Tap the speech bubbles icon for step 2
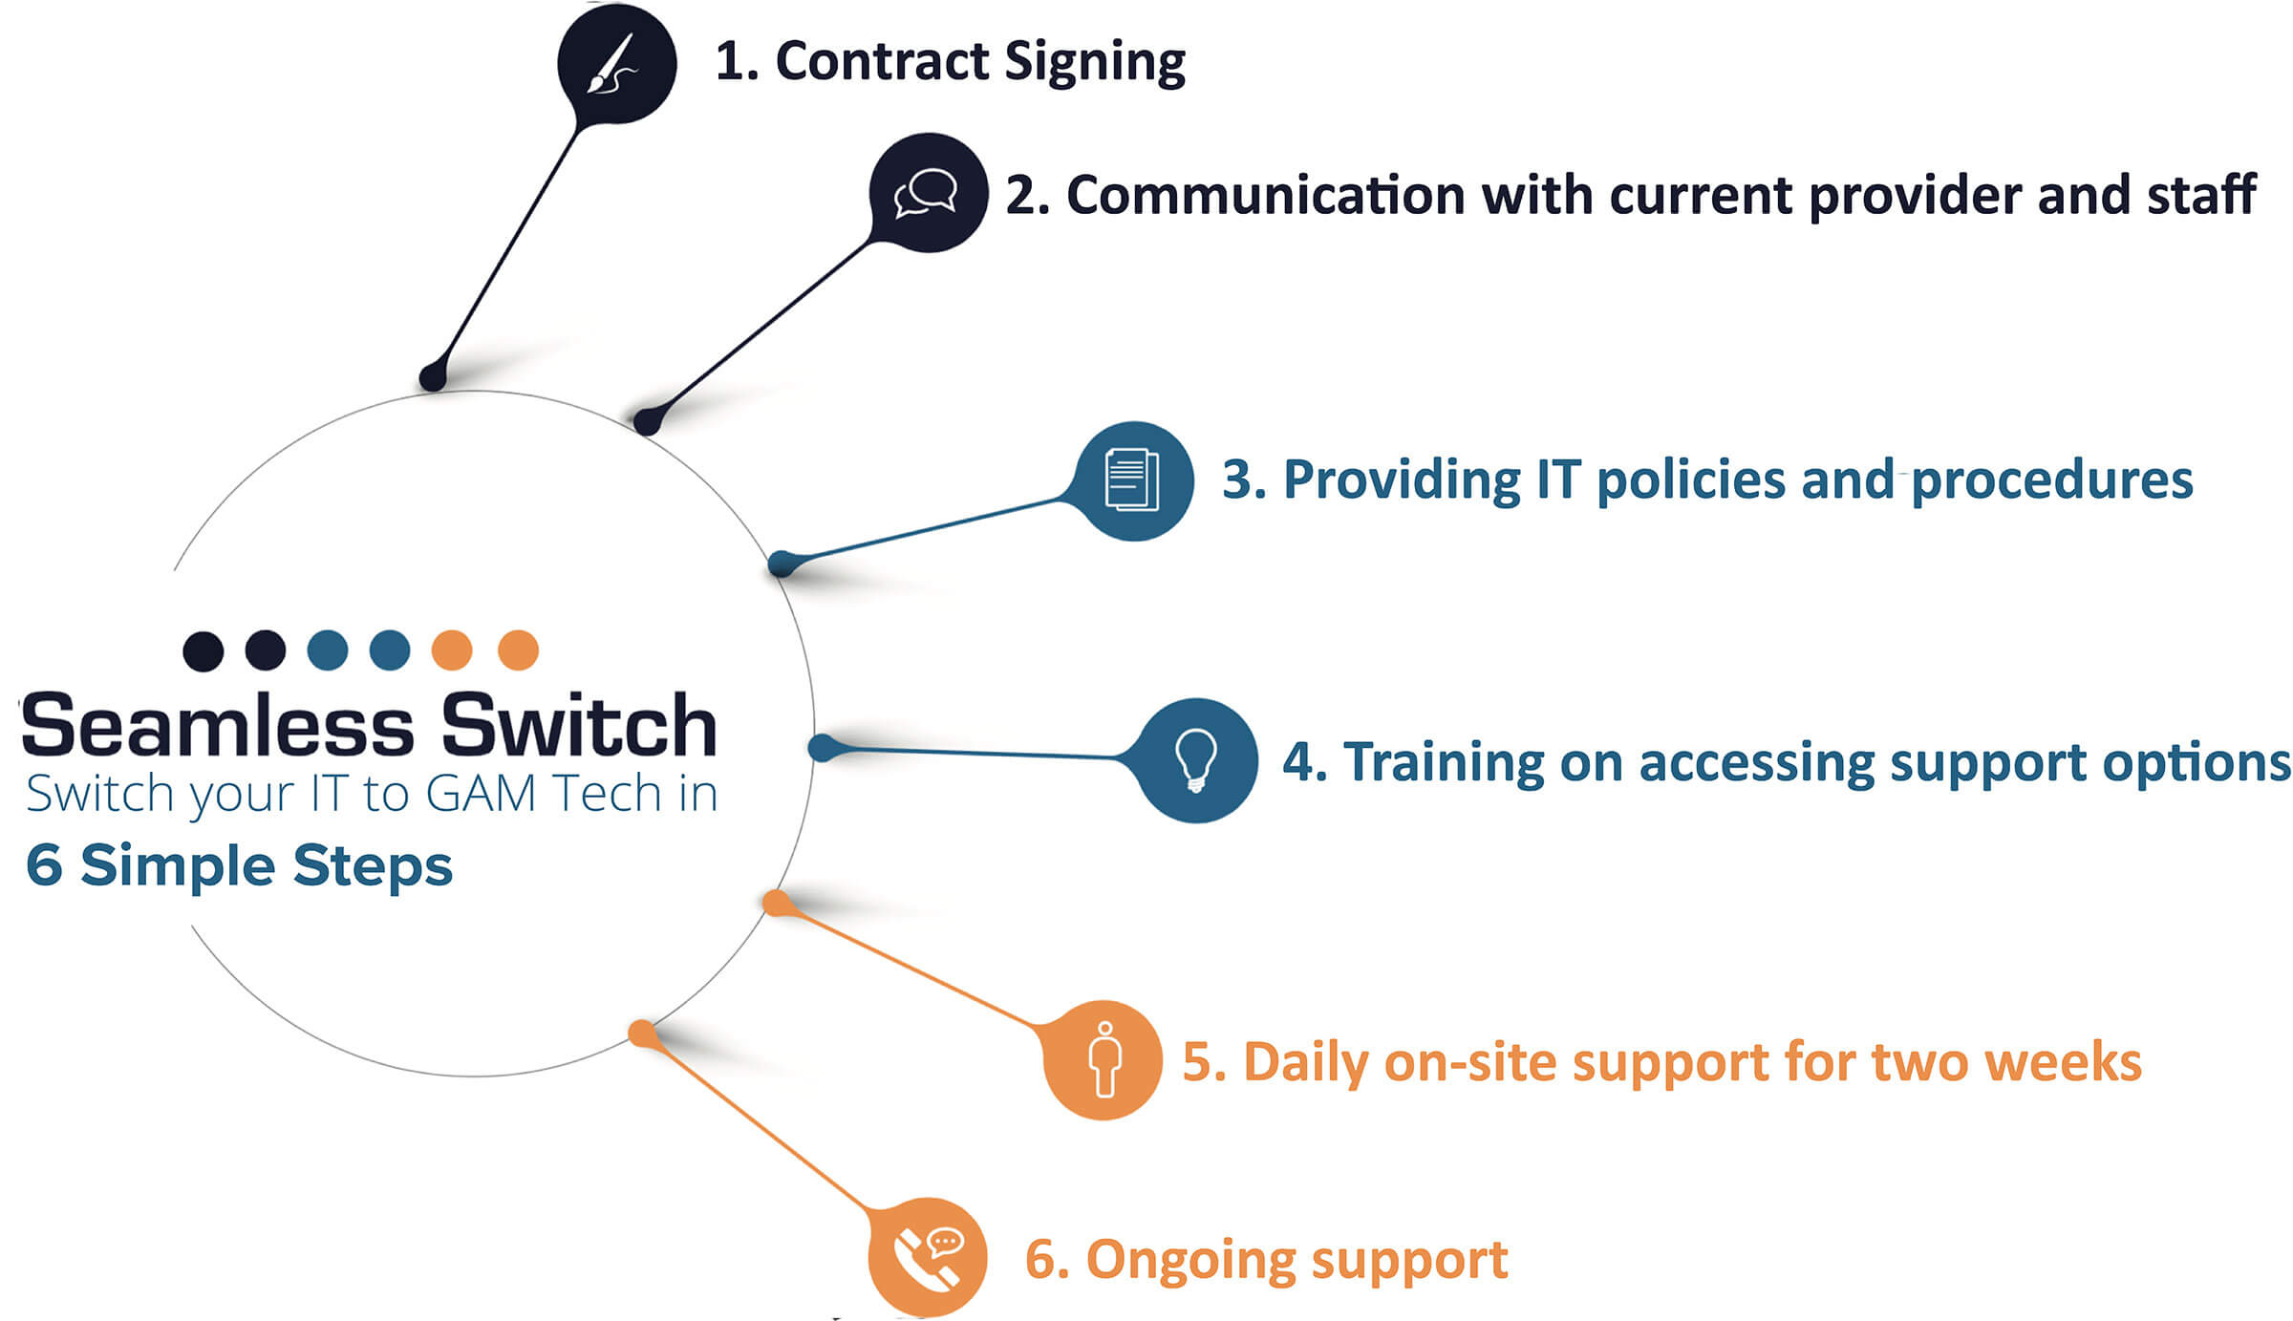927,192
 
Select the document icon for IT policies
1132,479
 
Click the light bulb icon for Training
1195,760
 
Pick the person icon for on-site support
1105,1059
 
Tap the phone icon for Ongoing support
927,1256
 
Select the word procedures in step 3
2051,480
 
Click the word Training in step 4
1443,763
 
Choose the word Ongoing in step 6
1190,1261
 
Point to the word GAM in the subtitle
481,793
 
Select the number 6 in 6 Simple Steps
44,864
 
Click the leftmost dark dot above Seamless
203,651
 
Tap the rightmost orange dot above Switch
518,650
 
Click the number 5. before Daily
1204,1062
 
